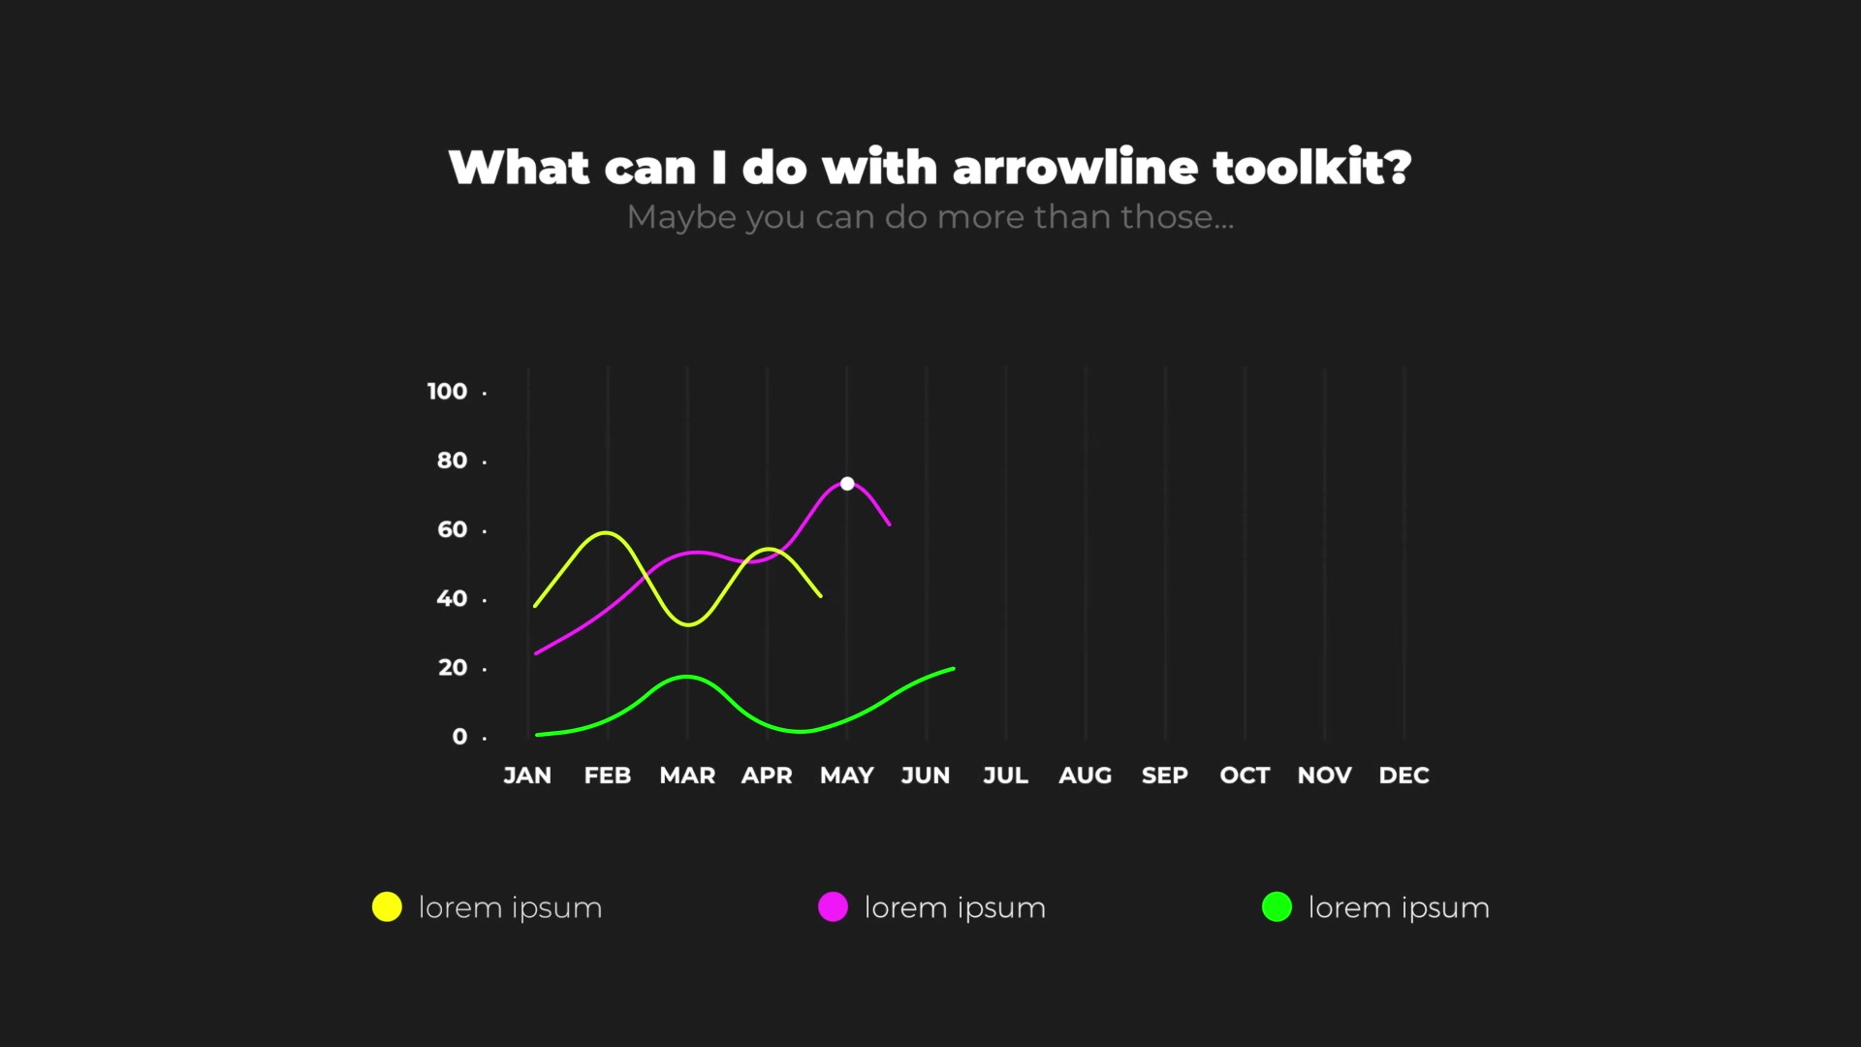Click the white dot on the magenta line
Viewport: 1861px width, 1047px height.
tap(847, 483)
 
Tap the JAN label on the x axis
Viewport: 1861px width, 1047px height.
tap(527, 776)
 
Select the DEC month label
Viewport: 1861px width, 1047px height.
tap(1404, 776)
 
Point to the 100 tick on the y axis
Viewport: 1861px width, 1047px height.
tap(447, 391)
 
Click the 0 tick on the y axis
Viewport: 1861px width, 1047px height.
tap(459, 737)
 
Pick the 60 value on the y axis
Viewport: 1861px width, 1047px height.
tap(453, 529)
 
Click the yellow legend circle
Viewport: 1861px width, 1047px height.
tap(387, 906)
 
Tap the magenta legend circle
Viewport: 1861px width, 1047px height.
tap(833, 906)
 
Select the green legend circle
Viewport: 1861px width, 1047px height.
tap(1277, 906)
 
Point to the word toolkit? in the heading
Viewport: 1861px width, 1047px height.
tap(1312, 167)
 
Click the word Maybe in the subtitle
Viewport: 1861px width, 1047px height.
tap(681, 218)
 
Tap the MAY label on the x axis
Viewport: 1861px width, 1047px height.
tap(847, 776)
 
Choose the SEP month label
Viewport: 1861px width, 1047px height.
tap(1165, 776)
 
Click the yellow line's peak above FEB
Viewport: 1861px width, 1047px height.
tap(606, 532)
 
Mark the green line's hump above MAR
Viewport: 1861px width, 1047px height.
tap(686, 677)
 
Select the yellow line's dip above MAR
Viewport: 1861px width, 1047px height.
tap(688, 624)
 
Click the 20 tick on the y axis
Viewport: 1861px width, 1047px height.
tap(453, 668)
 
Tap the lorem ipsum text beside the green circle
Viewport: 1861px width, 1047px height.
tap(1399, 908)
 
